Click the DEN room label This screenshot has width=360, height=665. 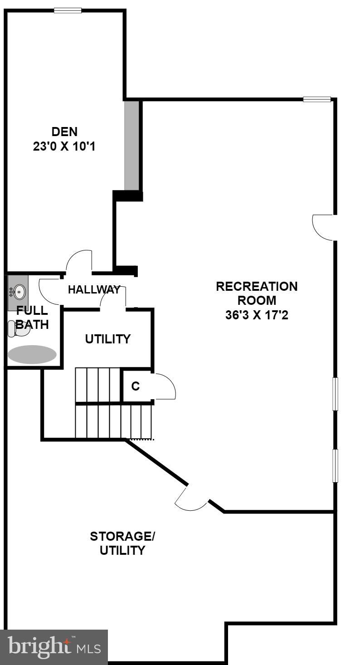pos(64,132)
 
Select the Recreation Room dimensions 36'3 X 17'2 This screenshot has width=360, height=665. pos(257,315)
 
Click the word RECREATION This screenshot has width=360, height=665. pos(257,287)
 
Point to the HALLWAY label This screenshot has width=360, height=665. pos(94,289)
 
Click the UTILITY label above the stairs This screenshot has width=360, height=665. pos(108,339)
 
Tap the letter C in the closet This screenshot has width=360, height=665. pos(135,386)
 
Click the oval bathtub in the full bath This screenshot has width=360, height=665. pos(32,355)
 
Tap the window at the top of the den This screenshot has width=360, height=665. pos(68,10)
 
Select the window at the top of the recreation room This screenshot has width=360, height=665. pos(317,99)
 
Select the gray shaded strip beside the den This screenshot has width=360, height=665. pos(131,145)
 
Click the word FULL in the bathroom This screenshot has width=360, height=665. pos(32,311)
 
